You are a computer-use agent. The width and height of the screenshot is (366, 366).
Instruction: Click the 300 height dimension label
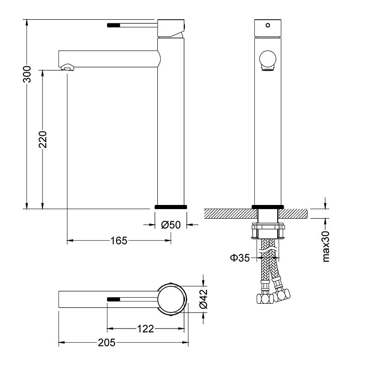[x=27, y=74]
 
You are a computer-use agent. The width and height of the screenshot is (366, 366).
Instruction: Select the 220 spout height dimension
[x=43, y=140]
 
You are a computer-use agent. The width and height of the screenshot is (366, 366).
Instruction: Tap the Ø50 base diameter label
[x=171, y=225]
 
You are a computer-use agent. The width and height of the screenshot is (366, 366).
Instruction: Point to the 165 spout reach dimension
[x=119, y=241]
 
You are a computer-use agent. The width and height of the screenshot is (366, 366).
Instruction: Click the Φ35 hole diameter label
[x=240, y=258]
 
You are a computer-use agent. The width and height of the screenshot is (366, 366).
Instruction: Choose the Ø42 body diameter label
[x=203, y=299]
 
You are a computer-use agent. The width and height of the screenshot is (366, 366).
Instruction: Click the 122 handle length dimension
[x=145, y=328]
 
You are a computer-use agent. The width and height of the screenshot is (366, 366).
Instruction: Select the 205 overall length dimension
[x=107, y=342]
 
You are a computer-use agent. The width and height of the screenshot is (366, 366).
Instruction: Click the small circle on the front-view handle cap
[x=268, y=25]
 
